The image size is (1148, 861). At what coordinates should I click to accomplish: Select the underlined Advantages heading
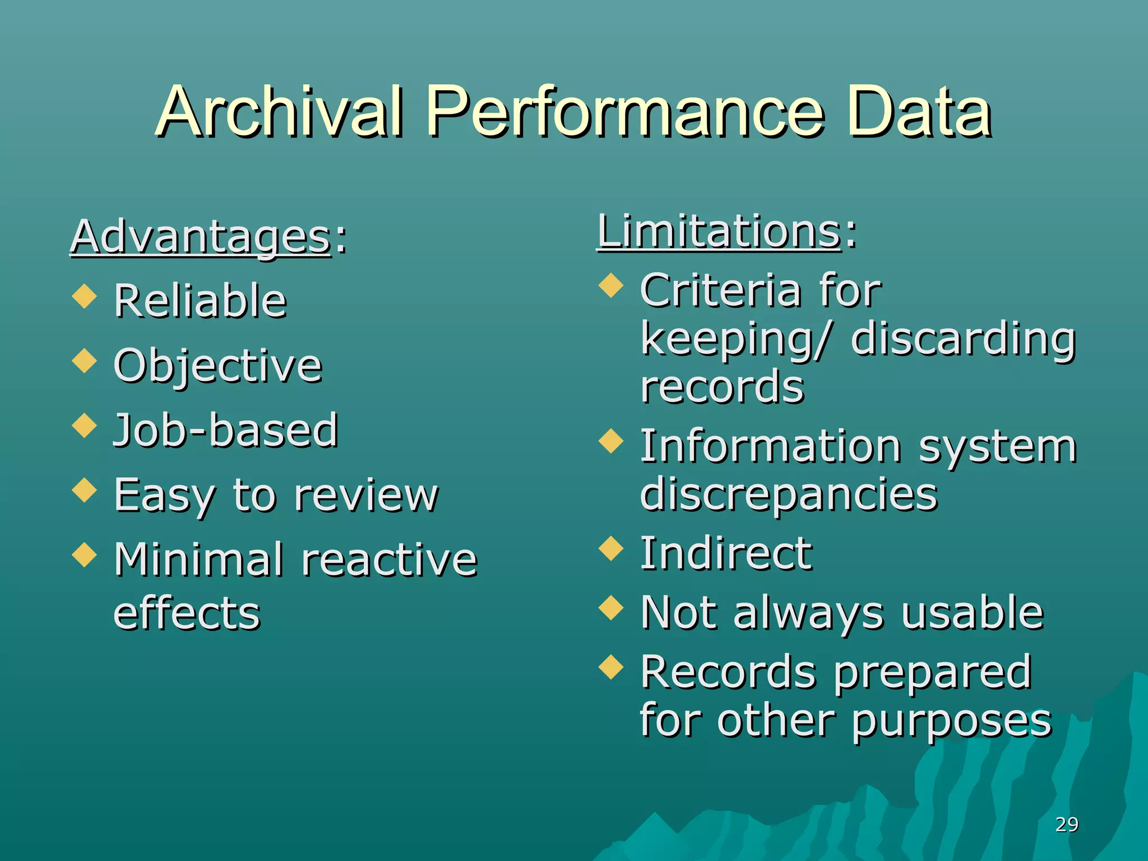[x=200, y=237]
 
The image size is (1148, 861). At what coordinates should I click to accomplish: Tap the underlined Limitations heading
[x=719, y=231]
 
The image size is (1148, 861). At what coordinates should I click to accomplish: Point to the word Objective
[x=217, y=365]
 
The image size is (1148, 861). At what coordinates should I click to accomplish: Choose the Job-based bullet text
[x=226, y=430]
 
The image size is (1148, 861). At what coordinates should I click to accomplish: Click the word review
[x=366, y=495]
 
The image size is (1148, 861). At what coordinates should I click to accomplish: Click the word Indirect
[x=726, y=553]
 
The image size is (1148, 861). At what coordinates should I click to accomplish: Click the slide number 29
[x=1066, y=825]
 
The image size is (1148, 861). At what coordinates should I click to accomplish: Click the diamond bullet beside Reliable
[x=85, y=295]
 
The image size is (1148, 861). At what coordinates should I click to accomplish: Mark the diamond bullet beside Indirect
[x=611, y=548]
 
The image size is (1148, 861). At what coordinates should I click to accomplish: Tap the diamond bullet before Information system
[x=611, y=441]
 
